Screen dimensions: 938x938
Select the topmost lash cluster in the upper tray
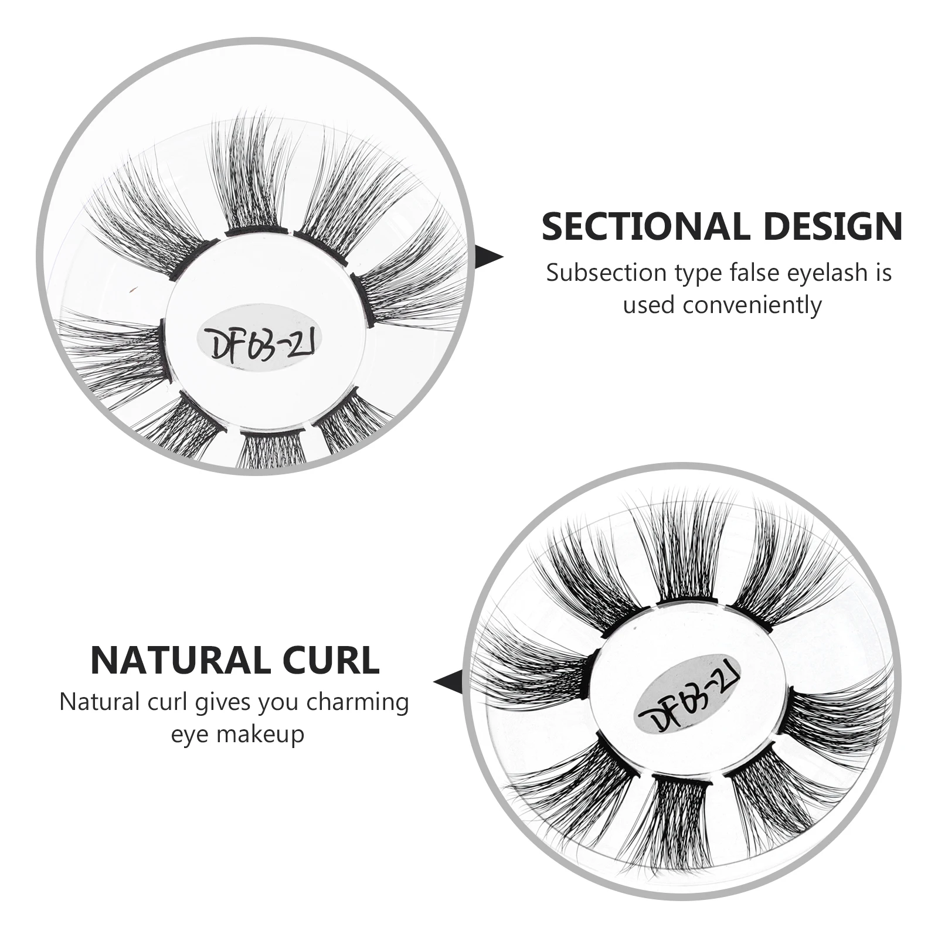pyautogui.click(x=253, y=176)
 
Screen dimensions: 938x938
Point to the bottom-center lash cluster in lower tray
pyautogui.click(x=681, y=821)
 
